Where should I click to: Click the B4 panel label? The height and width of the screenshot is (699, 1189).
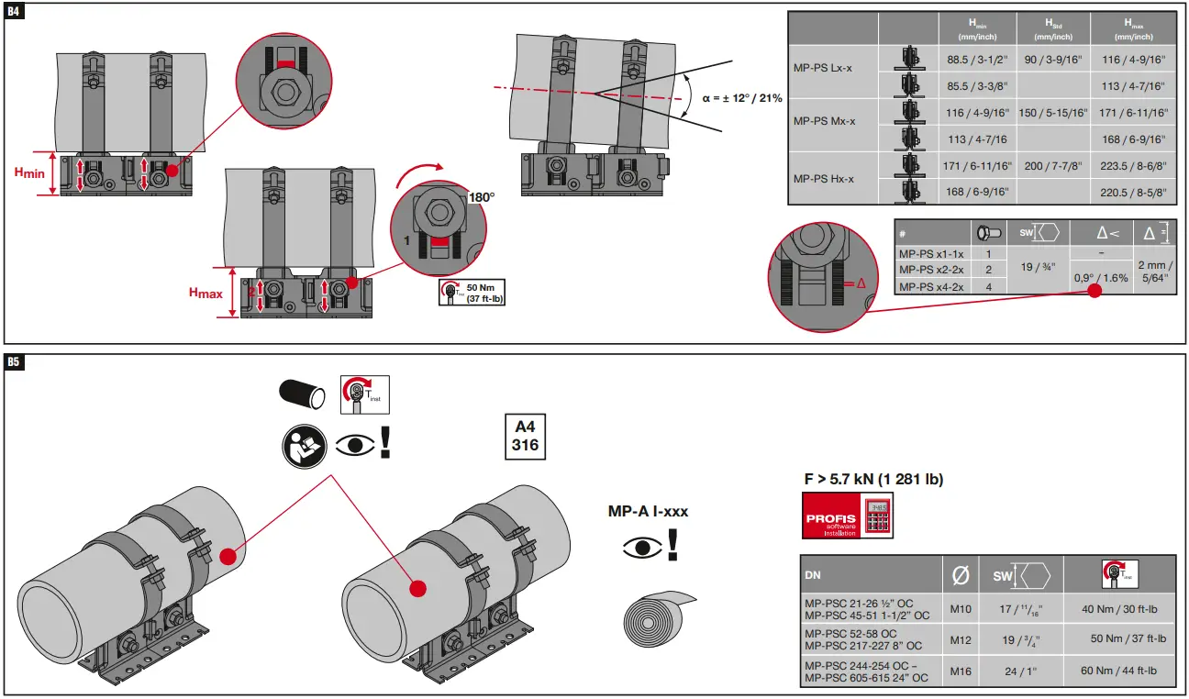[x=14, y=12]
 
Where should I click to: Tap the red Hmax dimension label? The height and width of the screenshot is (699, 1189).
[x=205, y=293]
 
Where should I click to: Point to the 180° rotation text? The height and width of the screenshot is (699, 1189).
[x=482, y=197]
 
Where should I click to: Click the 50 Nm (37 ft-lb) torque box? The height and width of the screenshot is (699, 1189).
[x=472, y=293]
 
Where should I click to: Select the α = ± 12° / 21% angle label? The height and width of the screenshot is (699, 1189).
[x=741, y=97]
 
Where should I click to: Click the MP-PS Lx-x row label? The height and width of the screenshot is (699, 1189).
[x=824, y=69]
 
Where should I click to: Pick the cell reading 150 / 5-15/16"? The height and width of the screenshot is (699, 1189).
[x=1053, y=112]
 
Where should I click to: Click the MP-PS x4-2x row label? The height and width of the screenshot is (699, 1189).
[x=931, y=286]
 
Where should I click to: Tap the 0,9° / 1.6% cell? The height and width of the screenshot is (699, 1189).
[x=1101, y=277]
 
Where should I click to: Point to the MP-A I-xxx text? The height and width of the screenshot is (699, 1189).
[x=648, y=511]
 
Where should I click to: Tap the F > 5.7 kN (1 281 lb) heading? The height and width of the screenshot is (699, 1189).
[x=872, y=479]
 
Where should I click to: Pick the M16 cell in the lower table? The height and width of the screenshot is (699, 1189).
[x=961, y=671]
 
